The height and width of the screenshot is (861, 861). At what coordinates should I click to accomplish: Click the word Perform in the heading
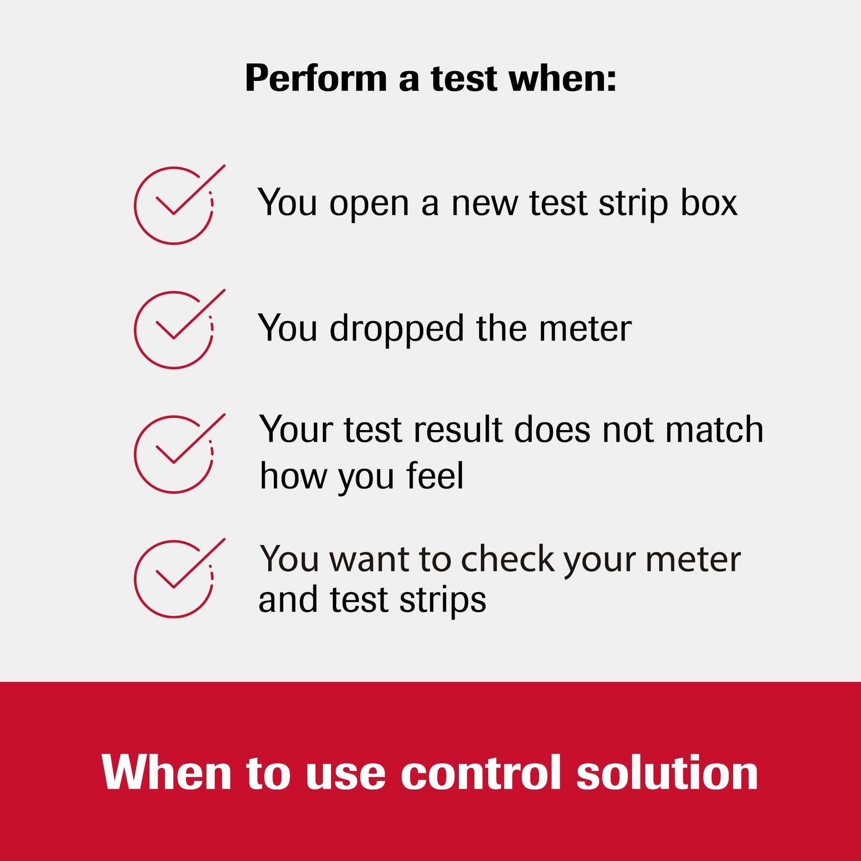(316, 79)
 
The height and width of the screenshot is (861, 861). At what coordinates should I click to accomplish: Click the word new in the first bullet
(485, 204)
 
